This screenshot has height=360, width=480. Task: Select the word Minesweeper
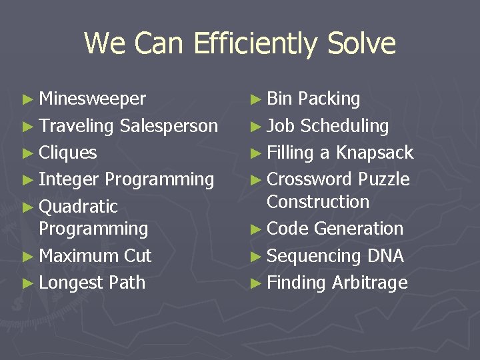[92, 99]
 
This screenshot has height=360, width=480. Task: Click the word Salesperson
[169, 126]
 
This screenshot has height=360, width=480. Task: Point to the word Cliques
[67, 153]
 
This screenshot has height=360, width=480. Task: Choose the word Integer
[69, 180]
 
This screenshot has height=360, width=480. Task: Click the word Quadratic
[78, 207]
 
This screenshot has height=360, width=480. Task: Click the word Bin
[279, 99]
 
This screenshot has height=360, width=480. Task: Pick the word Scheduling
[344, 126]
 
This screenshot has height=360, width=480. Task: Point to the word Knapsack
[375, 153]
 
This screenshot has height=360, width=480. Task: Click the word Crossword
[309, 179]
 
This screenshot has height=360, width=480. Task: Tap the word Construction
[317, 201]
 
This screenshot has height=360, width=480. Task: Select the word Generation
[359, 229]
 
